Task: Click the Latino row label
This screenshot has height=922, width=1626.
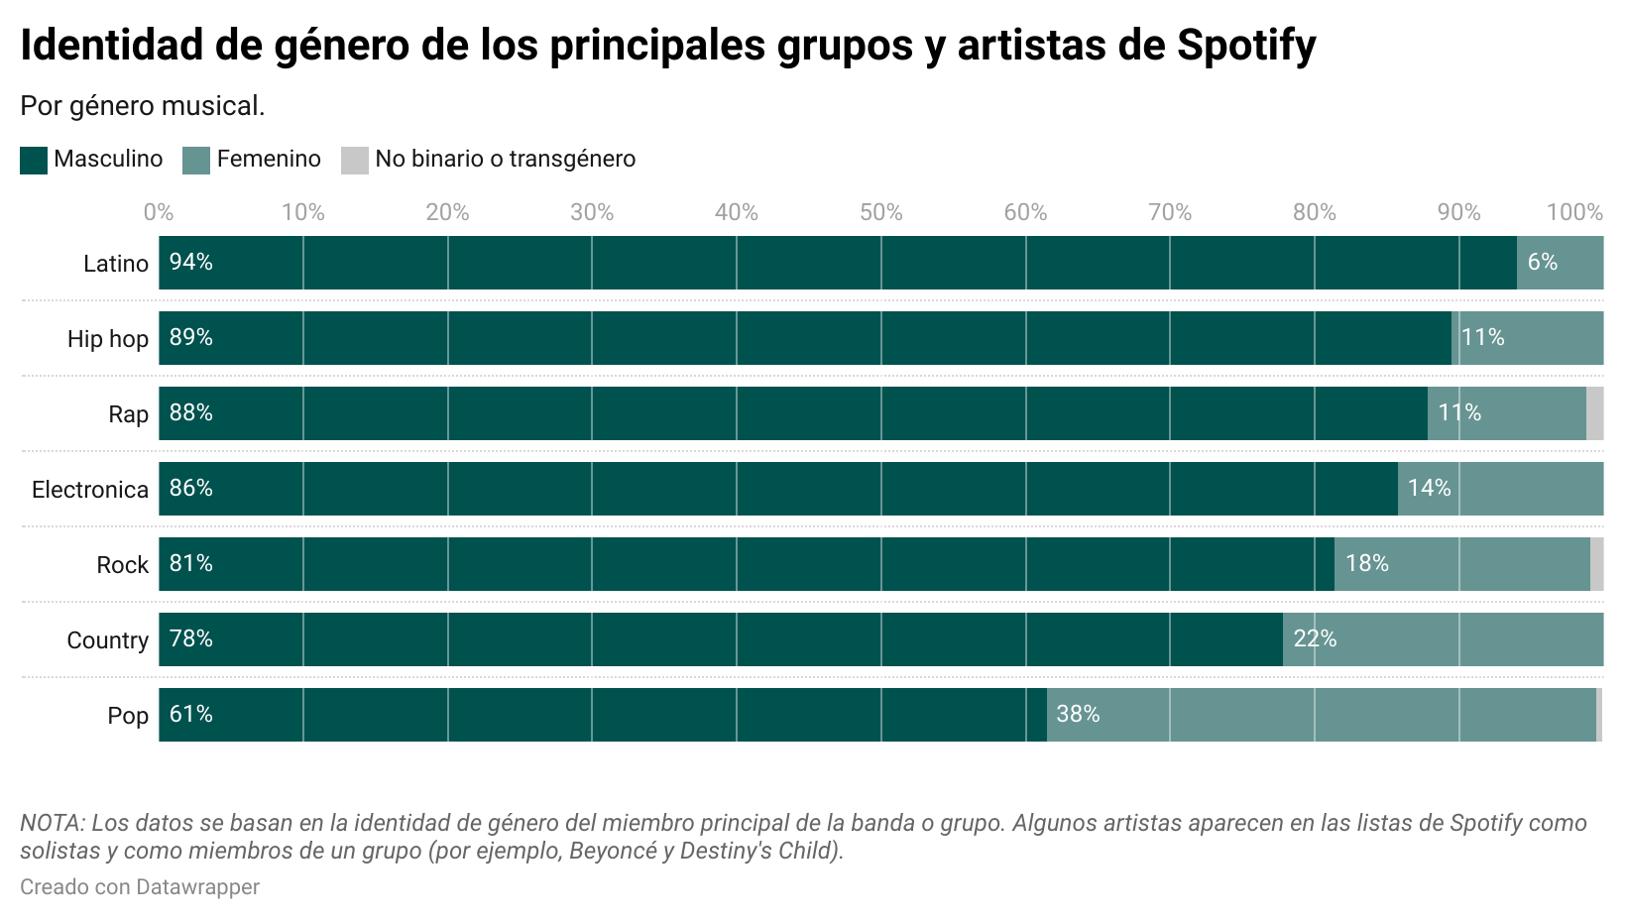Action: pos(116,264)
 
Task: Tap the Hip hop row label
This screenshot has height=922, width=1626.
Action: pos(108,339)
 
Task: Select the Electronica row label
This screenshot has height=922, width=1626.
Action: pos(90,490)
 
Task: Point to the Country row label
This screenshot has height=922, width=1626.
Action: pos(107,640)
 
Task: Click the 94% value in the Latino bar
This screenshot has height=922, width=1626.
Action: pos(191,263)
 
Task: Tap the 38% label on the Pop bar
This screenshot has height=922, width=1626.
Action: pos(1078,715)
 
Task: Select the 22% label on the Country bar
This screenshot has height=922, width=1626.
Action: pos(1315,639)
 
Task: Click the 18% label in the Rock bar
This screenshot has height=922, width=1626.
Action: pos(1366,564)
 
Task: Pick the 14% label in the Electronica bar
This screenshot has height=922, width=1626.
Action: pos(1429,489)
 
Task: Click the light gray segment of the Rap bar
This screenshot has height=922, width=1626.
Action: pos(1594,413)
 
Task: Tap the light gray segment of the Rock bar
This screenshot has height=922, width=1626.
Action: pos(1596,564)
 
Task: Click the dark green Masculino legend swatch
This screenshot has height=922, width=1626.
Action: pos(34,160)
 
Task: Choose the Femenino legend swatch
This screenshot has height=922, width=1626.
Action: pos(196,160)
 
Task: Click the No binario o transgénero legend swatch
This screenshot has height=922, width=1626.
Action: pos(354,160)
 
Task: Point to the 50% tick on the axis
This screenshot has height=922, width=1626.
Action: pos(880,212)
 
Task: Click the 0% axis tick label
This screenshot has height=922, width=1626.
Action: pos(159,212)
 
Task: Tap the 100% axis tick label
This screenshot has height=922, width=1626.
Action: pos(1574,212)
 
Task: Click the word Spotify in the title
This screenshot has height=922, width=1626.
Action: pos(1246,46)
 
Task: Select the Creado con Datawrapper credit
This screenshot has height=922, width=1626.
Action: pos(140,886)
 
